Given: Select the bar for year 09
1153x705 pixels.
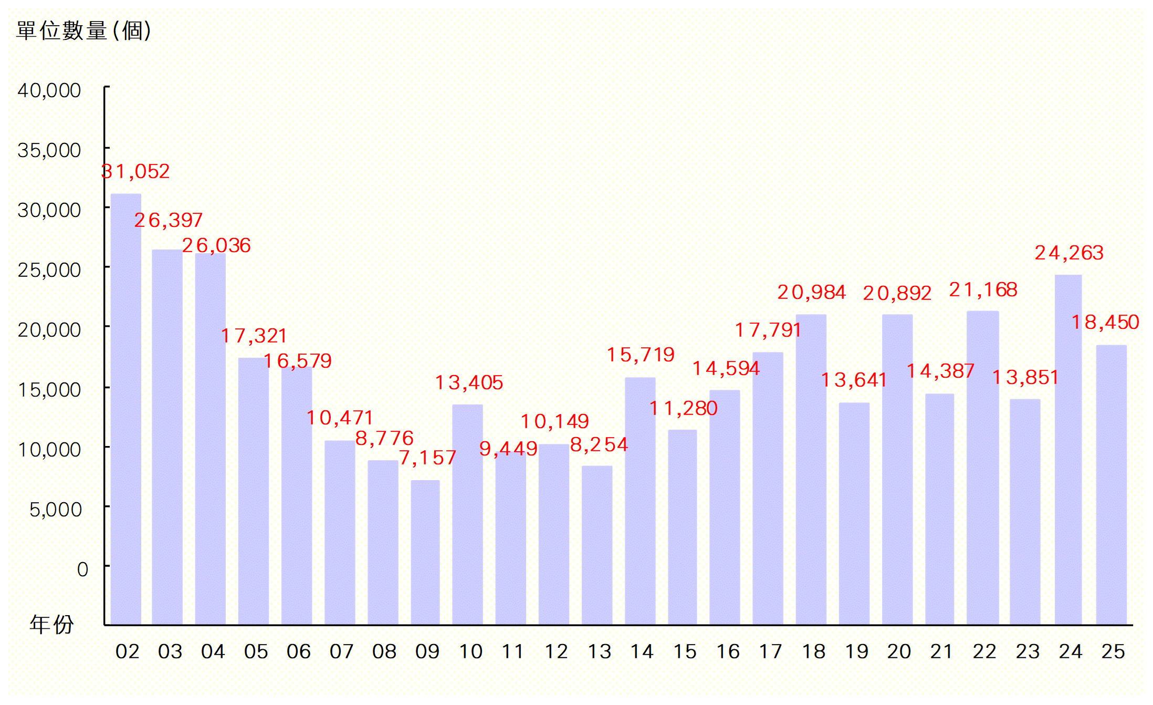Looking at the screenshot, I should coord(425,552).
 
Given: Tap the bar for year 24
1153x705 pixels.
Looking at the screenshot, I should coord(1068,449).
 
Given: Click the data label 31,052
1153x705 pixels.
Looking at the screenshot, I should coord(135,172).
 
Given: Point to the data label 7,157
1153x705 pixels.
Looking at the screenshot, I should coord(427,458).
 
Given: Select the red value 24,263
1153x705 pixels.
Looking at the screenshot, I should coord(1069,253).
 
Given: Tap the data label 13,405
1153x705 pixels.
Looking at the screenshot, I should coord(469,382).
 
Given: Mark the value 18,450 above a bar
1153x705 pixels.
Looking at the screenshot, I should coord(1105,322).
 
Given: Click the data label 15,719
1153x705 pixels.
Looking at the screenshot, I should coord(641,355).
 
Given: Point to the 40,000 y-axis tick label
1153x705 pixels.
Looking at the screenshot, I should coord(49,90).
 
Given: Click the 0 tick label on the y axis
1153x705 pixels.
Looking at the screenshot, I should coord(82,569).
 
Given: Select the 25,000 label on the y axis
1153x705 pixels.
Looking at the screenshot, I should coord(49,270).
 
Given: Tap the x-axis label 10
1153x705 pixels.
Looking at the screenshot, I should coord(470,652).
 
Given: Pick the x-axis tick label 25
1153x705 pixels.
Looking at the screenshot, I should coord(1113,652).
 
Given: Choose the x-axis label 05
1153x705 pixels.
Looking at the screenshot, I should coord(256,652).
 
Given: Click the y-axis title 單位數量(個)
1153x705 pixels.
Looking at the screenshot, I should coord(84,30).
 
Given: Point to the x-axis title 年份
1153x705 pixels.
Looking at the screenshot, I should coord(51,625).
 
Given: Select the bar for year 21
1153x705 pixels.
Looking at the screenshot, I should coord(940,509).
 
